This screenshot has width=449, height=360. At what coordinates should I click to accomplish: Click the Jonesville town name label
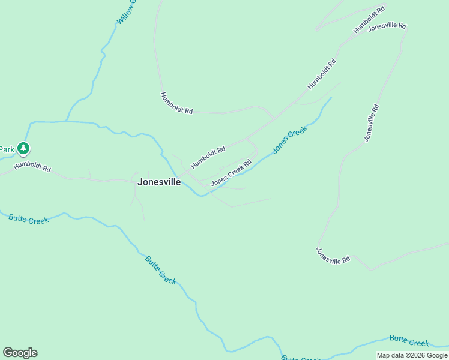coord(159,182)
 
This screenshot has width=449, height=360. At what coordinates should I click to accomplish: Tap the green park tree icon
coord(23,148)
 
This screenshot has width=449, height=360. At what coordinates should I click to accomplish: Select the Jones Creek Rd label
coord(231,172)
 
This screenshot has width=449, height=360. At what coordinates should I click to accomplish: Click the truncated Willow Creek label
coord(127,12)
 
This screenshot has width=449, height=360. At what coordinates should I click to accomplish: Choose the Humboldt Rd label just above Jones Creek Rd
coord(208,157)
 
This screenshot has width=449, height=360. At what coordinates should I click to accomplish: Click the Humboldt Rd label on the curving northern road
coord(176,103)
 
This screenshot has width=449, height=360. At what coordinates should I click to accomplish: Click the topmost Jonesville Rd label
coord(387,27)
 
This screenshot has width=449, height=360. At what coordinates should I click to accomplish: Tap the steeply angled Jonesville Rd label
coord(372,123)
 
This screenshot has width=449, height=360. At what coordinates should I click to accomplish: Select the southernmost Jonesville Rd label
coord(333,256)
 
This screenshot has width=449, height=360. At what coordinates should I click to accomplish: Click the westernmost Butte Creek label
coord(28,219)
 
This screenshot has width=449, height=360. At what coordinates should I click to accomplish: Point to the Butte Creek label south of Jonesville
coord(161,270)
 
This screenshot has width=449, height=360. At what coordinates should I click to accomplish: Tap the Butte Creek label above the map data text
coord(409,341)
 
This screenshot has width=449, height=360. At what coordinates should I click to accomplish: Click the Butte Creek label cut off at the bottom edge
coord(301,357)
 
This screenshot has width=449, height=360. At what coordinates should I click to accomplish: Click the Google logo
coord(20,353)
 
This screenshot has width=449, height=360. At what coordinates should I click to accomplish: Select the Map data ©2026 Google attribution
coord(412,355)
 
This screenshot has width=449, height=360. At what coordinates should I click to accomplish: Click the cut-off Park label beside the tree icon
coord(7,149)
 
